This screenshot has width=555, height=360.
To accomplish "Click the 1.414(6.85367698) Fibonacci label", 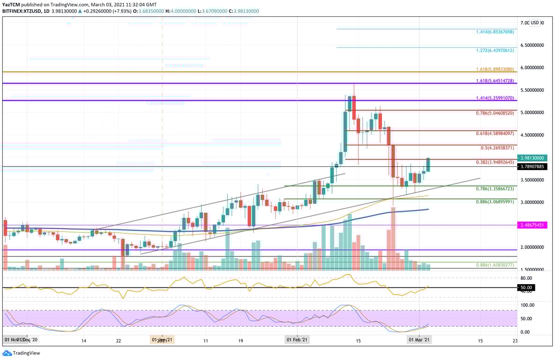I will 495,32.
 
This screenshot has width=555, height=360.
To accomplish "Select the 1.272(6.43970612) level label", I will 495,51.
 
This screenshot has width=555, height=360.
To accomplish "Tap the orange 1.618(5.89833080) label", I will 495,69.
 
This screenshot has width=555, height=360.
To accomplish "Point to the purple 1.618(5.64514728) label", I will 495,81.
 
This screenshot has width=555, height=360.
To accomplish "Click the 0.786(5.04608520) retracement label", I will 495,113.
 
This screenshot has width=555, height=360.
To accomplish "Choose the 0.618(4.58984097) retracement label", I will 495,134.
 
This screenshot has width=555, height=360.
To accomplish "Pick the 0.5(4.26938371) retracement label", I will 497,148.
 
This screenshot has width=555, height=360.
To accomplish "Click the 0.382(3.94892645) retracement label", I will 495,163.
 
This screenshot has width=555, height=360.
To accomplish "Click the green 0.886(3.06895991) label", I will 495,202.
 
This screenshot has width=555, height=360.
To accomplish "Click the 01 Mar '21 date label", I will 420,339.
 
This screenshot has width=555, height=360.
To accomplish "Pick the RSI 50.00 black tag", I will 526,287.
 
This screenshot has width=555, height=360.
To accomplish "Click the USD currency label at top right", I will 535,22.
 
